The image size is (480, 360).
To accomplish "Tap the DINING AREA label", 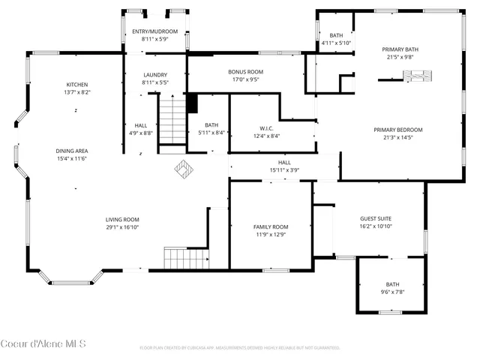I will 71,151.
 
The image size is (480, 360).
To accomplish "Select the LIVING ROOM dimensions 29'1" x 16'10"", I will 122,227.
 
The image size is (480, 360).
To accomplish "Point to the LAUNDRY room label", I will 155,74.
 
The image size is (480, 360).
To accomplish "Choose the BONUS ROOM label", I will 246,71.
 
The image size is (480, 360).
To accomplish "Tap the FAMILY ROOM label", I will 270,226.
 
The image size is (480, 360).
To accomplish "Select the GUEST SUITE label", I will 377,218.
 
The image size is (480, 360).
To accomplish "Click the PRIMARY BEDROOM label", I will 397,130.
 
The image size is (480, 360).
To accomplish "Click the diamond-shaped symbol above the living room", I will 184,169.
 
